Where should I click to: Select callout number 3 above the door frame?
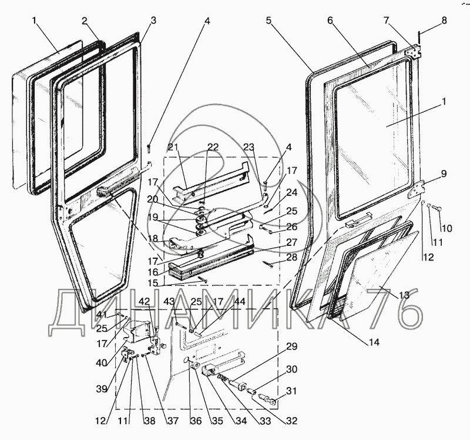coord(153,20)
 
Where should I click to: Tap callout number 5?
coord(268,21)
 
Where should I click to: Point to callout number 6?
coord(330,21)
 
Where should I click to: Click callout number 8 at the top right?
coord(443,21)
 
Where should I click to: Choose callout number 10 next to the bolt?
coord(448,228)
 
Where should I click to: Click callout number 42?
coord(144,302)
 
